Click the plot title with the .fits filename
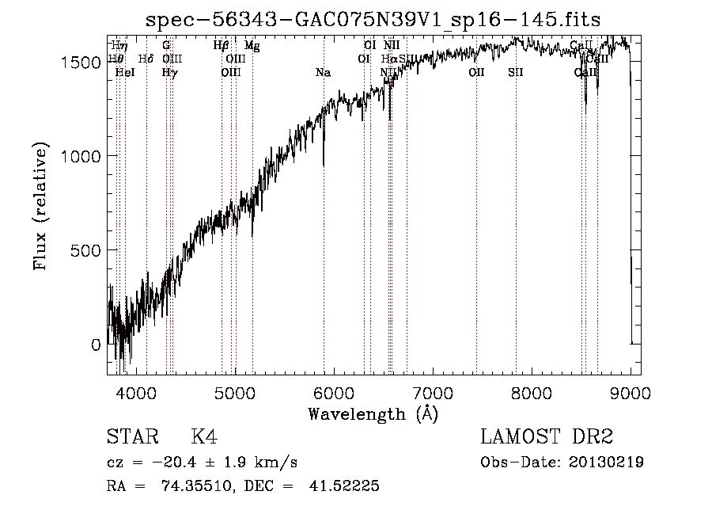[x=373, y=21]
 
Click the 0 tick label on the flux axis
[x=96, y=345]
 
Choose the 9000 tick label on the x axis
[x=630, y=393]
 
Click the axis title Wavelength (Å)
[x=373, y=413]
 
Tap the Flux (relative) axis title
[x=41, y=207]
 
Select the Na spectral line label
[x=323, y=73]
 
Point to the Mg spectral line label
[x=252, y=46]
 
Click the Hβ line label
[x=221, y=46]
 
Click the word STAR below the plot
[x=131, y=437]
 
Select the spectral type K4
[x=204, y=437]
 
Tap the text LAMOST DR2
[x=547, y=437]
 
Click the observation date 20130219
[x=604, y=462]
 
